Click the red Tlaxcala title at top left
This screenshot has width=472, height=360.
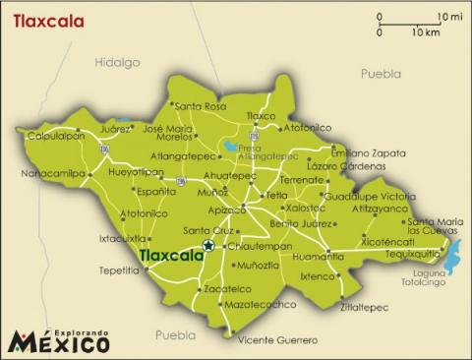(47, 20)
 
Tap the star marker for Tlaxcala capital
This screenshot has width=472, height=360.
(207, 245)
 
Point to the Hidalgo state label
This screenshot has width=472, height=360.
(117, 62)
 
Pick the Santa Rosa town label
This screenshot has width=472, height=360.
(201, 106)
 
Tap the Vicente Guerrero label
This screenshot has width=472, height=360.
(278, 340)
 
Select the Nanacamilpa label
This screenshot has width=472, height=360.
(52, 174)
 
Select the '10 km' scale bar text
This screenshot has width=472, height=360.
(425, 32)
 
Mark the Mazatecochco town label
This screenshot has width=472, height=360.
(261, 305)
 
